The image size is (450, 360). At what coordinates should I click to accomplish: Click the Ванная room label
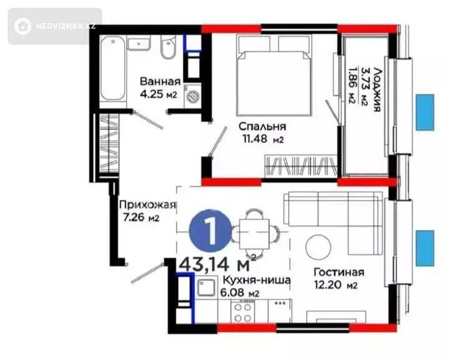pos(160,81)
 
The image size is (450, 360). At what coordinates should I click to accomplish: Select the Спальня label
pos(262,126)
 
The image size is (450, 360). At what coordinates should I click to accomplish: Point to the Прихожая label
pos(147,205)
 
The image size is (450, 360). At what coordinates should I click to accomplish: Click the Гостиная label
pos(339,272)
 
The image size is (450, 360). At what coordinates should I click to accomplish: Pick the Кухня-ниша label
pos(257,279)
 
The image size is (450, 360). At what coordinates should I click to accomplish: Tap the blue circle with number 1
pos(211,231)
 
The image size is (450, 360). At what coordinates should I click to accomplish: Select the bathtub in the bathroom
pos(112,68)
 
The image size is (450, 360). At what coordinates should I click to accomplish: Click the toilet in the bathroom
pos(167,47)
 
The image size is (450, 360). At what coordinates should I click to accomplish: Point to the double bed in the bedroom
pos(274,75)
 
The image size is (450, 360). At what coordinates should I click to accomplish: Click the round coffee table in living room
pos(318,247)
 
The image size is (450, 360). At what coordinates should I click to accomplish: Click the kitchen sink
pos(206,287)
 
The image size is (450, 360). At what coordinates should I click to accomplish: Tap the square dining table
pos(254,234)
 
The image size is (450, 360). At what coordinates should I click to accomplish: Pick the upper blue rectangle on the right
pos(425,112)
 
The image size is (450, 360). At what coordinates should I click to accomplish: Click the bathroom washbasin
pos(139,44)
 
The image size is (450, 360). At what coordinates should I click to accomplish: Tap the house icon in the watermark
pos(22,26)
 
